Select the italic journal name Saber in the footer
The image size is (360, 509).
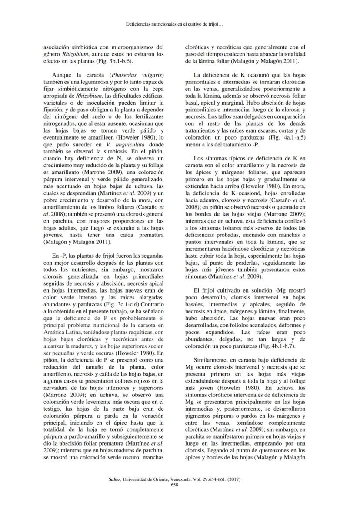(x=114, y=479)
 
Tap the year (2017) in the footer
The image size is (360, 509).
(x=233, y=479)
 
